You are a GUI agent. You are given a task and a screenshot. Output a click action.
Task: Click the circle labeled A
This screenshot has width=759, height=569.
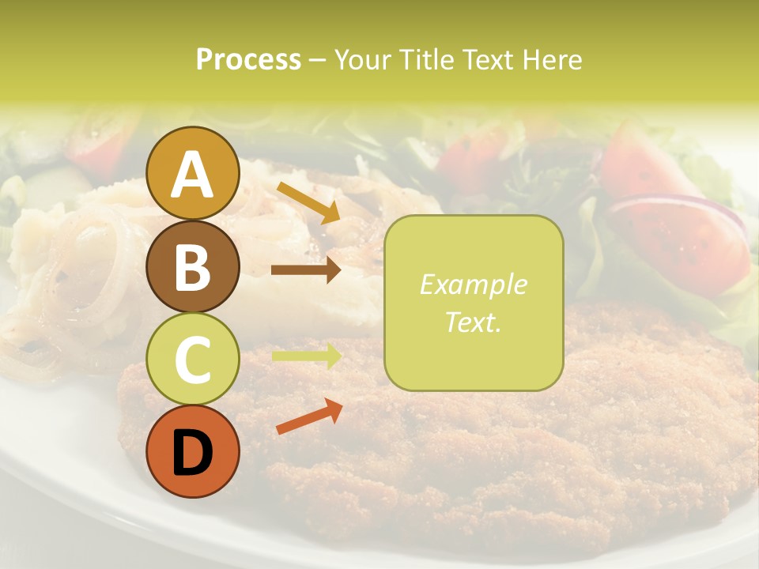tap(193, 173)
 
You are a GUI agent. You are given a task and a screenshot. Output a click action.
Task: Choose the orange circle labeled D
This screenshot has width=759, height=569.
tap(193, 451)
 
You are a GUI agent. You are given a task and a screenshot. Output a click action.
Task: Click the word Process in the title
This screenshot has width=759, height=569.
tap(248, 59)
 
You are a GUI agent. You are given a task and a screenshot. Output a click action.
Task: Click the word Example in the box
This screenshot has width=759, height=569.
tap(474, 284)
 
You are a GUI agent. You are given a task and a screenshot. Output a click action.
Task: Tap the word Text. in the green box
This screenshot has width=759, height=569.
tap(474, 322)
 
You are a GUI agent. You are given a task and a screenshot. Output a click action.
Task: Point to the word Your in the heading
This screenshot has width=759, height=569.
tap(362, 59)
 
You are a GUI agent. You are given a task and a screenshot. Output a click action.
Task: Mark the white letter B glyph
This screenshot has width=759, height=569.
tap(192, 266)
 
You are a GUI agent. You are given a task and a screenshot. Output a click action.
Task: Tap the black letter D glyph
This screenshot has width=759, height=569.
tap(192, 452)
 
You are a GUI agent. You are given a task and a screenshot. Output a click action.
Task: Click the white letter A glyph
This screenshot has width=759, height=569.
tap(192, 174)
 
